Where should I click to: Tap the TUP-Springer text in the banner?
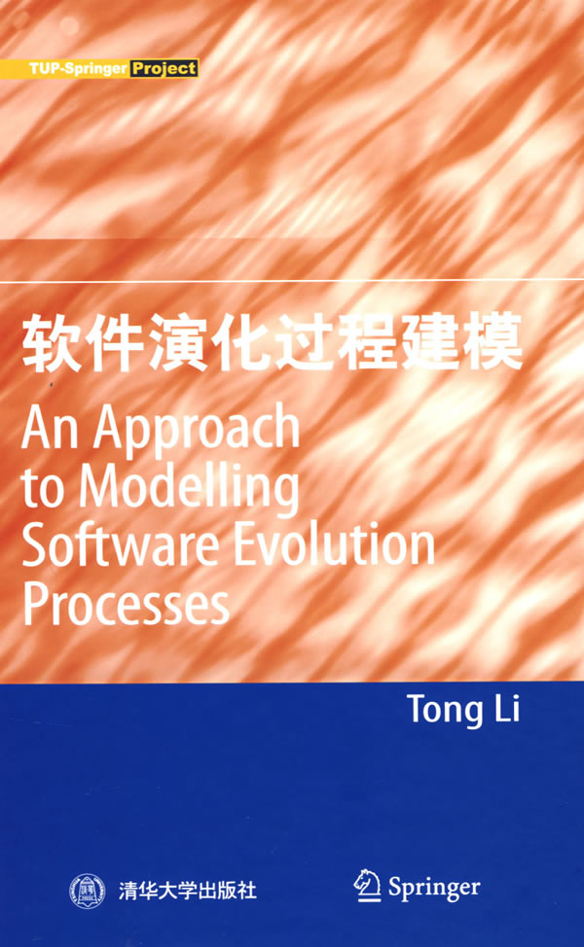(x=78, y=68)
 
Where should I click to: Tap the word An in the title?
(x=50, y=427)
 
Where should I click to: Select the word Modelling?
(x=189, y=489)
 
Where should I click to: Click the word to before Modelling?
(x=43, y=489)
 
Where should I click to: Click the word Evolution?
(x=334, y=544)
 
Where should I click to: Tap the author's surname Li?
(x=507, y=708)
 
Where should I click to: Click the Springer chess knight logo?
(x=367, y=886)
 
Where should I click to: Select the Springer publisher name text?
(x=434, y=889)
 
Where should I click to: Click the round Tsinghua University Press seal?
(x=87, y=891)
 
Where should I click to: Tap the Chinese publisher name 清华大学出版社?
(x=188, y=891)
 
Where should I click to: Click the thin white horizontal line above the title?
(x=292, y=281)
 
